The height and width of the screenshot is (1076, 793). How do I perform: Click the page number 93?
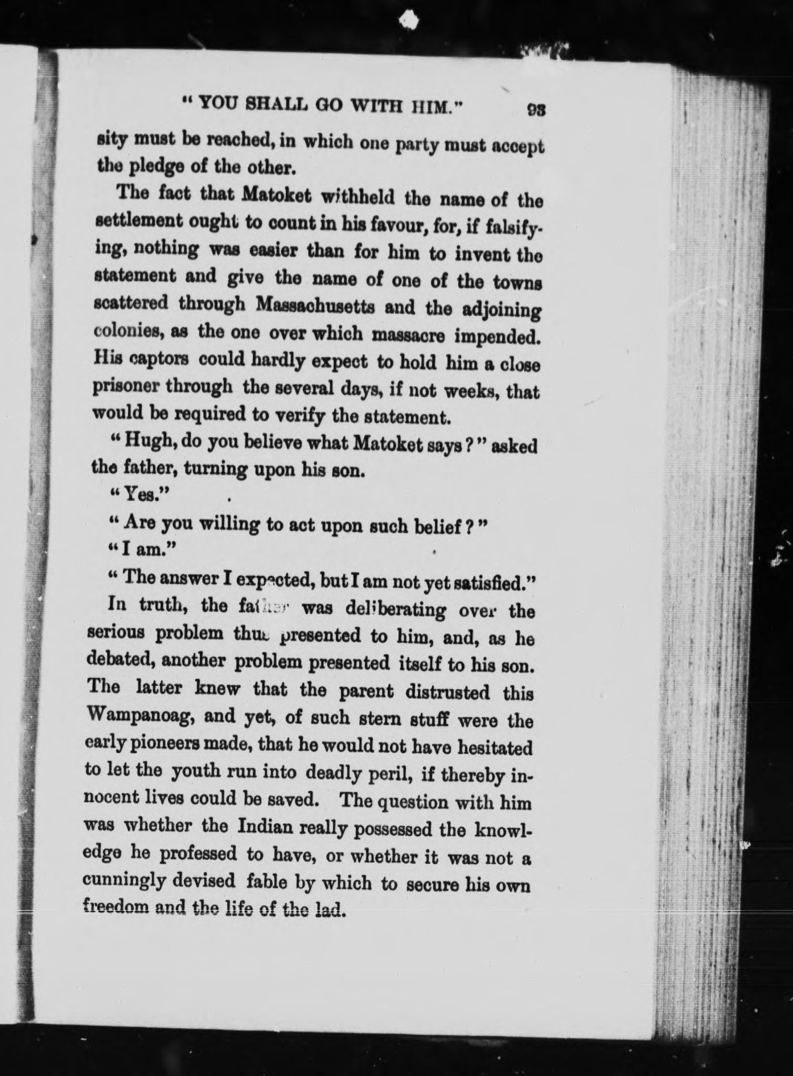(536, 109)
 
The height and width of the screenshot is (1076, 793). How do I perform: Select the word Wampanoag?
(140, 715)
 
